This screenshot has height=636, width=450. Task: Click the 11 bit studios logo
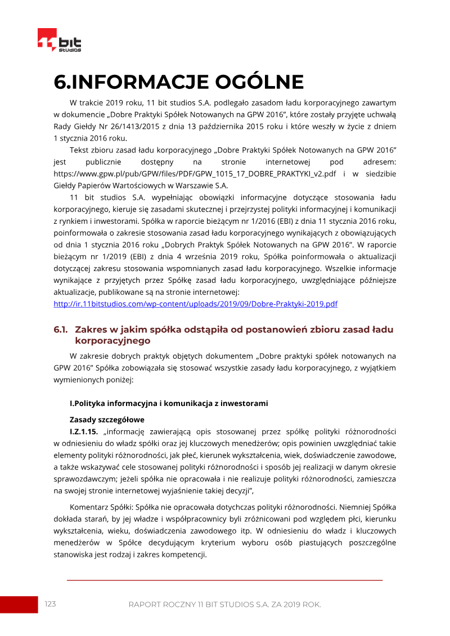[x=59, y=40]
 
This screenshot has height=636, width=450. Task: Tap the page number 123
[x=51, y=604]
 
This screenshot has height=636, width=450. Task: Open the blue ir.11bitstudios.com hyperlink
[x=195, y=304]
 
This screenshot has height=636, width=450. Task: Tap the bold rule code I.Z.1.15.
[x=84, y=431]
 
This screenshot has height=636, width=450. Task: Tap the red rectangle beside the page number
[x=19, y=605]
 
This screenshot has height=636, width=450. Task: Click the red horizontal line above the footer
[x=224, y=580]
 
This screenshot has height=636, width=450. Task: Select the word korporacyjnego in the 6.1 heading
[x=112, y=341]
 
